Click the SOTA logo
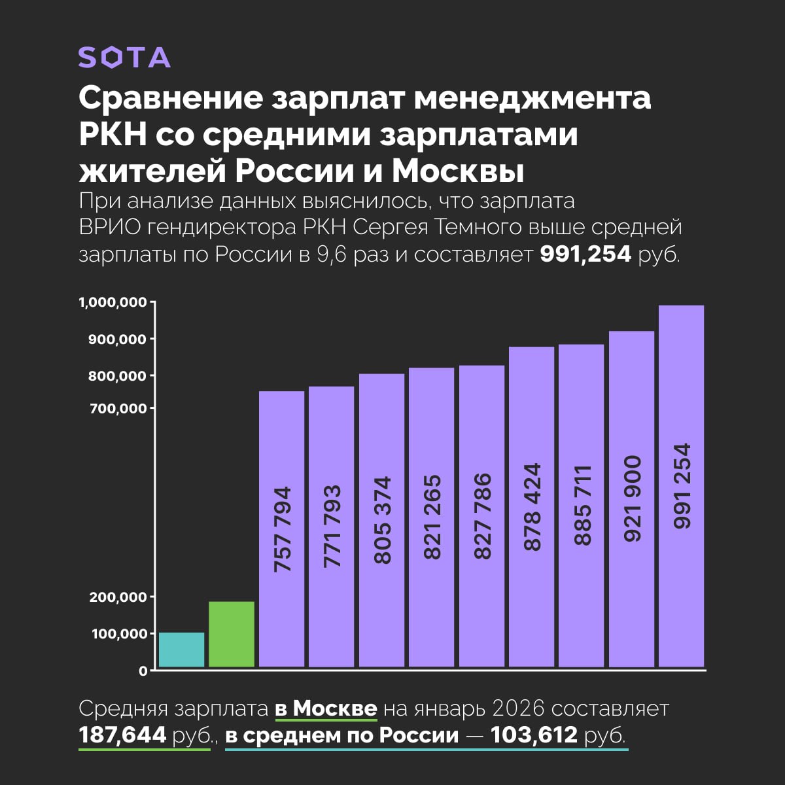click(x=124, y=58)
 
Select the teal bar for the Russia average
click(x=182, y=650)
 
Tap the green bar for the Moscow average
click(x=232, y=634)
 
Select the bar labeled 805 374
click(x=381, y=520)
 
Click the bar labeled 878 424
click(x=532, y=507)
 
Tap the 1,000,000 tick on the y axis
click(x=113, y=303)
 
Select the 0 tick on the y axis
click(x=143, y=671)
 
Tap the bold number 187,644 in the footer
click(x=122, y=735)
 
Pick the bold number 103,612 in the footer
click(x=534, y=735)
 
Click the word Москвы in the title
click(x=458, y=171)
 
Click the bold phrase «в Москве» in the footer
click(x=325, y=708)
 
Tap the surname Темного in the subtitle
click(x=483, y=228)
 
